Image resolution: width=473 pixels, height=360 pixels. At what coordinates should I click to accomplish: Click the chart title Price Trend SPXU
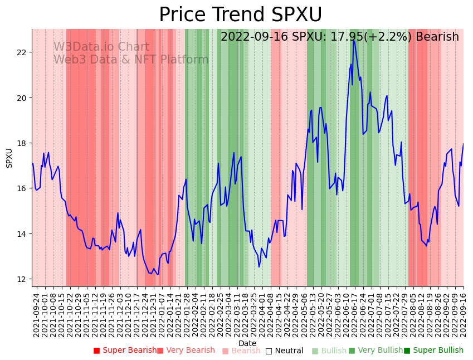click(240, 15)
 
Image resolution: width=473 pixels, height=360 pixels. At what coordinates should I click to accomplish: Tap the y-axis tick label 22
click(22, 52)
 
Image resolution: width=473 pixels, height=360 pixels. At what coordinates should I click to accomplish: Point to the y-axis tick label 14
click(22, 233)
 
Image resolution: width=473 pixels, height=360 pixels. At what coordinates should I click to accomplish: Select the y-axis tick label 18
click(22, 143)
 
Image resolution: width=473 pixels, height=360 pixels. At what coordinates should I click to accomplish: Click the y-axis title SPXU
click(9, 158)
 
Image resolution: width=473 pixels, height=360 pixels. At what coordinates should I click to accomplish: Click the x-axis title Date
click(247, 343)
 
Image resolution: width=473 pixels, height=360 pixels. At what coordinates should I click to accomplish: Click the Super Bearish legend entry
click(125, 351)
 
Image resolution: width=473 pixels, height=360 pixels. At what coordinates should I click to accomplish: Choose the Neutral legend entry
click(284, 351)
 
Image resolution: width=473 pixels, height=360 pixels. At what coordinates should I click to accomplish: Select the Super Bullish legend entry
click(433, 351)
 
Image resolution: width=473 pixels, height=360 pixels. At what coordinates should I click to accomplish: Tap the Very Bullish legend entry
click(376, 351)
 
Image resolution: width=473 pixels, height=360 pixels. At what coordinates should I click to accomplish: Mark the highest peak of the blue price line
click(353, 40)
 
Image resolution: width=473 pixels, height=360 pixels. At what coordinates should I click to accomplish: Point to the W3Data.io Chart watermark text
click(101, 47)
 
